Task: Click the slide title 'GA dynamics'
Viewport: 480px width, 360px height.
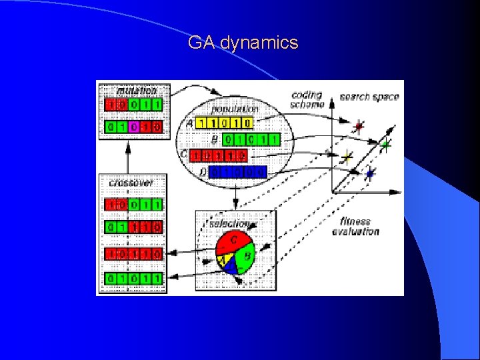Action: [x=243, y=43]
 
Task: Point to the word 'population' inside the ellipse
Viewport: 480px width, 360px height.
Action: [x=235, y=109]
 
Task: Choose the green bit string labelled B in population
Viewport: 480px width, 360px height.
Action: [x=251, y=140]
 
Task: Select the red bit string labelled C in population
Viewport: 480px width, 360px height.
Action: [x=218, y=156]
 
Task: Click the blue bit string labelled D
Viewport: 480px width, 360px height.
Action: [x=238, y=173]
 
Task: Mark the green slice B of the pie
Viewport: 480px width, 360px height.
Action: [x=245, y=257]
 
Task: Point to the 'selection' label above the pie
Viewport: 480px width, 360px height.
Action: [x=229, y=224]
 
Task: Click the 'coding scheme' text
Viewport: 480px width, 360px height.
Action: [x=307, y=99]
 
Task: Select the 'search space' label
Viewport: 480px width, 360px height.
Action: [x=369, y=97]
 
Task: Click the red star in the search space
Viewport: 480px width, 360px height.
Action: [x=359, y=127]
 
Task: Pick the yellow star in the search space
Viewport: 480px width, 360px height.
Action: [x=347, y=157]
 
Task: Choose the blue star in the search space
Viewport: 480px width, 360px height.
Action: [x=370, y=174]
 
